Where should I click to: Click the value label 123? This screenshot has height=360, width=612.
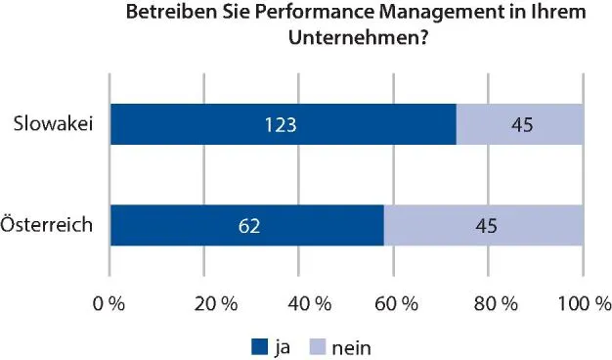tap(281, 124)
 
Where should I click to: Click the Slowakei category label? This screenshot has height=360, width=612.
tap(53, 124)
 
